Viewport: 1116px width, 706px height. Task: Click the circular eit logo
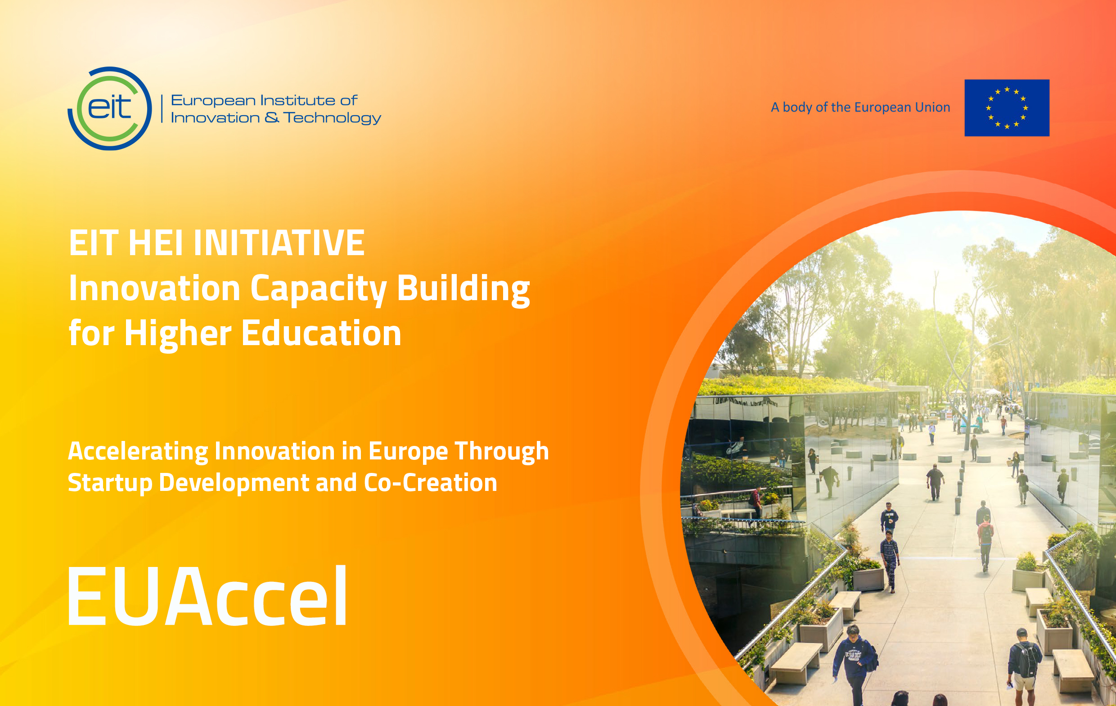click(110, 108)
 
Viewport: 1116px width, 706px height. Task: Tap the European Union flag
click(1007, 108)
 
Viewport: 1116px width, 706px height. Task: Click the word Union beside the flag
click(932, 107)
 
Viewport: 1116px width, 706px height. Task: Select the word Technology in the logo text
click(332, 118)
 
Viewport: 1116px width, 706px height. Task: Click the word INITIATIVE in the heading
click(279, 243)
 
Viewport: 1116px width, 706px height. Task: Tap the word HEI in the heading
click(156, 243)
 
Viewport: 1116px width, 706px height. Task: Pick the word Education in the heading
click(321, 333)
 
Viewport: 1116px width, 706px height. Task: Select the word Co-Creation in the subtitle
click(431, 482)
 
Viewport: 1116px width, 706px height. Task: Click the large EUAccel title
click(207, 596)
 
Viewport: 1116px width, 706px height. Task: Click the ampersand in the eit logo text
click(272, 118)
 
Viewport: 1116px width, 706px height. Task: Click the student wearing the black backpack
click(1025, 663)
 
